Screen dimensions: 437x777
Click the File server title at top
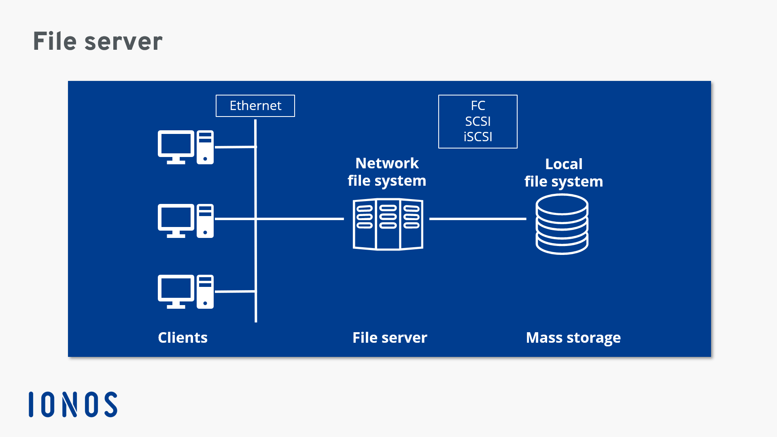98,41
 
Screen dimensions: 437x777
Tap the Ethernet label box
255,106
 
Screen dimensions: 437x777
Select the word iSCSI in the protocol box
478,137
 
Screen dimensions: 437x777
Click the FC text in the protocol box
478,106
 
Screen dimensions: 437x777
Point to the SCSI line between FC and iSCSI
478,121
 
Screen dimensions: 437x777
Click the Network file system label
387,172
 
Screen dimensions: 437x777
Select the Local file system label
564,173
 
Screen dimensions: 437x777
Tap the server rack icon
388,224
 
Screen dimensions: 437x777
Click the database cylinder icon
562,224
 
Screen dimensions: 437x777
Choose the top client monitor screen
176,144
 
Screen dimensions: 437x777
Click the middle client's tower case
205,221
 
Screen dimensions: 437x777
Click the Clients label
183,337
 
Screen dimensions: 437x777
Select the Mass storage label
573,337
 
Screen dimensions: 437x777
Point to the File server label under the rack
390,337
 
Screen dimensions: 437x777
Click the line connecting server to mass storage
478,219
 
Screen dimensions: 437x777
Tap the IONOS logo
73,404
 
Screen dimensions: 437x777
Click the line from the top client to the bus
235,147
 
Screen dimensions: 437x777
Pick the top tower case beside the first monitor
205,147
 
